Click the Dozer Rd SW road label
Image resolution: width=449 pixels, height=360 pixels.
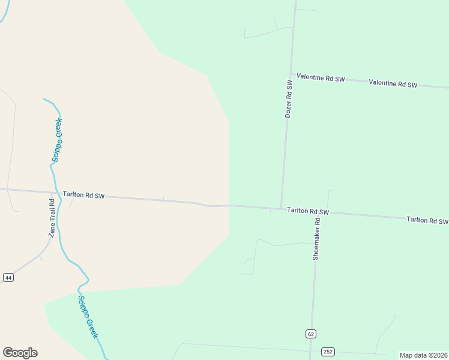(x=289, y=98)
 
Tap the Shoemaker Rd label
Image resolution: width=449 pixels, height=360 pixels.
(x=316, y=238)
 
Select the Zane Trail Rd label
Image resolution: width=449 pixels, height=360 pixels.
(x=52, y=218)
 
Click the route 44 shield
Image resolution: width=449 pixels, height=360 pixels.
(x=8, y=277)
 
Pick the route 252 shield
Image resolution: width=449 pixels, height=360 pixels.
(x=328, y=352)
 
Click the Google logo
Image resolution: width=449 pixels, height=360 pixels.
(x=20, y=353)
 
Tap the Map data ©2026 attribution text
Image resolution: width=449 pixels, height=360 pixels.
(x=423, y=355)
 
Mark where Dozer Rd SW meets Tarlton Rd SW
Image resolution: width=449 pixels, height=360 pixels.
(x=281, y=208)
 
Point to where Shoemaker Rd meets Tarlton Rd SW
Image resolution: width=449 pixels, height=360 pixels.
(x=315, y=212)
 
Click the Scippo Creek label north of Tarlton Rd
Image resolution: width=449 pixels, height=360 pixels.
(x=57, y=140)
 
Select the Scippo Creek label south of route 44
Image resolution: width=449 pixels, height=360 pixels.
(x=88, y=316)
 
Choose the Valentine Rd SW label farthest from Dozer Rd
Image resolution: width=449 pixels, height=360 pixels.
(x=393, y=84)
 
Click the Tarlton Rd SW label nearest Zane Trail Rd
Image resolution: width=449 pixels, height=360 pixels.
(x=83, y=195)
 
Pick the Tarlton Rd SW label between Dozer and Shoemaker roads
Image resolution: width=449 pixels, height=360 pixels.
(x=307, y=211)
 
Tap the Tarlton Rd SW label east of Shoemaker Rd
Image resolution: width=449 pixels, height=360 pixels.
(x=427, y=220)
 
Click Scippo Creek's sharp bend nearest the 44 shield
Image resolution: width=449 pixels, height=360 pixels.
(x=88, y=280)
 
